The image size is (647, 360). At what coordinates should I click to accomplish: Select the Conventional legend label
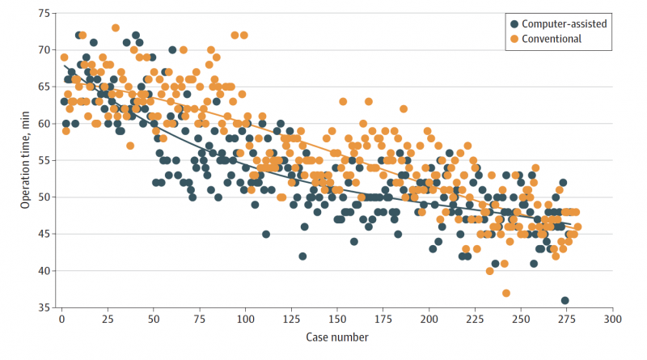(553, 38)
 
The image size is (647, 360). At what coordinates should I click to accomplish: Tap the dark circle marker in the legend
(514, 23)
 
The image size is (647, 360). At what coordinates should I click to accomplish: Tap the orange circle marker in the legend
(514, 38)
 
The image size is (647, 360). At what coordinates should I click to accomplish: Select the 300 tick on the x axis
(612, 318)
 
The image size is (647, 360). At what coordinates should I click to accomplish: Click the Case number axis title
(337, 335)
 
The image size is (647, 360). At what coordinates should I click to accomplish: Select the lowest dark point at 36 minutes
(565, 300)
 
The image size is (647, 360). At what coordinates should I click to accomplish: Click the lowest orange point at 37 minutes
(506, 293)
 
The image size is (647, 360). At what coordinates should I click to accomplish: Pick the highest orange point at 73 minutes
(116, 28)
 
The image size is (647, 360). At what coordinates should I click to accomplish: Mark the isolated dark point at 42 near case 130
(302, 256)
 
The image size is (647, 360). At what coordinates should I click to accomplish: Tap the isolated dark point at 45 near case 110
(266, 235)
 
